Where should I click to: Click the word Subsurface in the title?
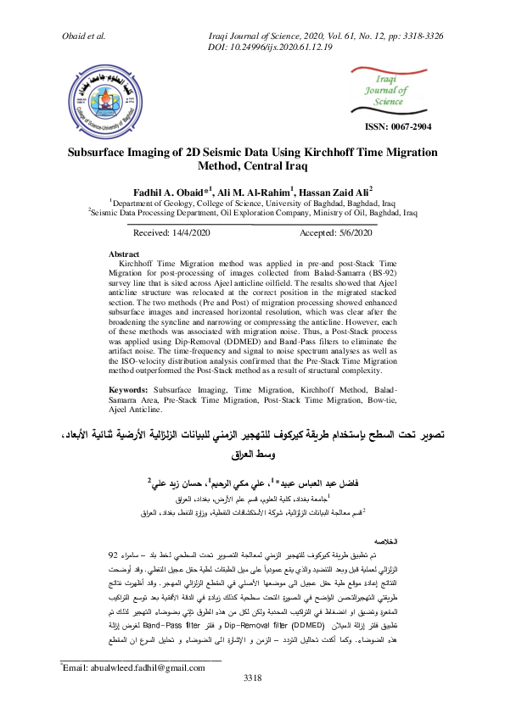pos(106,154)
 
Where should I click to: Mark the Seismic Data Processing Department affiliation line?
pos(253,215)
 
